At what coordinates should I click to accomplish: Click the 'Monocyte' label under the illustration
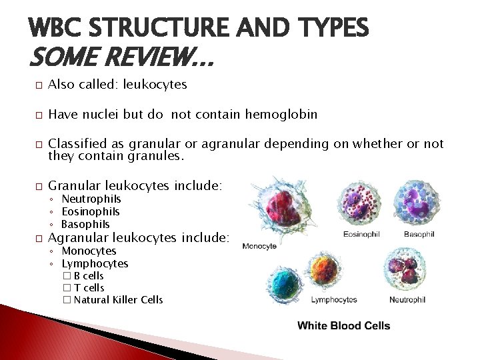click(259, 246)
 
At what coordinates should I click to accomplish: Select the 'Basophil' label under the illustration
click(419, 234)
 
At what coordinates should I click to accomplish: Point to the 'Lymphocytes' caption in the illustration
click(334, 300)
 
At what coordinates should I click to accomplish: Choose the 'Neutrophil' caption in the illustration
click(407, 300)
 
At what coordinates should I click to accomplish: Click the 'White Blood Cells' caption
click(343, 325)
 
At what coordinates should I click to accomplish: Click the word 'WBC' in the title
click(59, 28)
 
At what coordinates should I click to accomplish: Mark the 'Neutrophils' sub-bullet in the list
click(91, 199)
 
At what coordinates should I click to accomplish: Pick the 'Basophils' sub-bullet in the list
click(85, 224)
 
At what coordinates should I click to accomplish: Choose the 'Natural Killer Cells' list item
click(118, 299)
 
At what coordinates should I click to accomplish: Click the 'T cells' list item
click(89, 287)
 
